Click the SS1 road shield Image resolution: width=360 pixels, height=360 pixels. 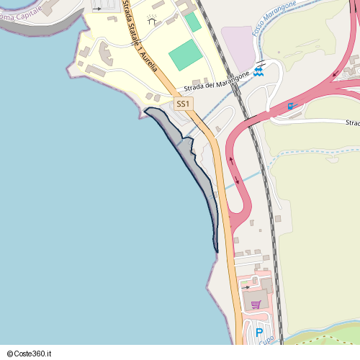coord(184,104)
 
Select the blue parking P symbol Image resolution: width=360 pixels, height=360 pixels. coord(258,333)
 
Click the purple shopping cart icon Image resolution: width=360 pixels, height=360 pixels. coord(255,304)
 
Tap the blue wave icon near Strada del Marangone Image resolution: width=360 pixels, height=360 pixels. coord(258,71)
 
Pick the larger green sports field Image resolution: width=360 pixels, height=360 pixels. coord(186,55)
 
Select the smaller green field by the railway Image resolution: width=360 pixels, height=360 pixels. coord(192,22)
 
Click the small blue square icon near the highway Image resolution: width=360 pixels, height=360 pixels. coord(291,107)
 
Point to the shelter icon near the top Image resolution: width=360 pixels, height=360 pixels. coord(152,21)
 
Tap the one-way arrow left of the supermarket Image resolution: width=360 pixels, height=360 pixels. coord(245,287)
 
